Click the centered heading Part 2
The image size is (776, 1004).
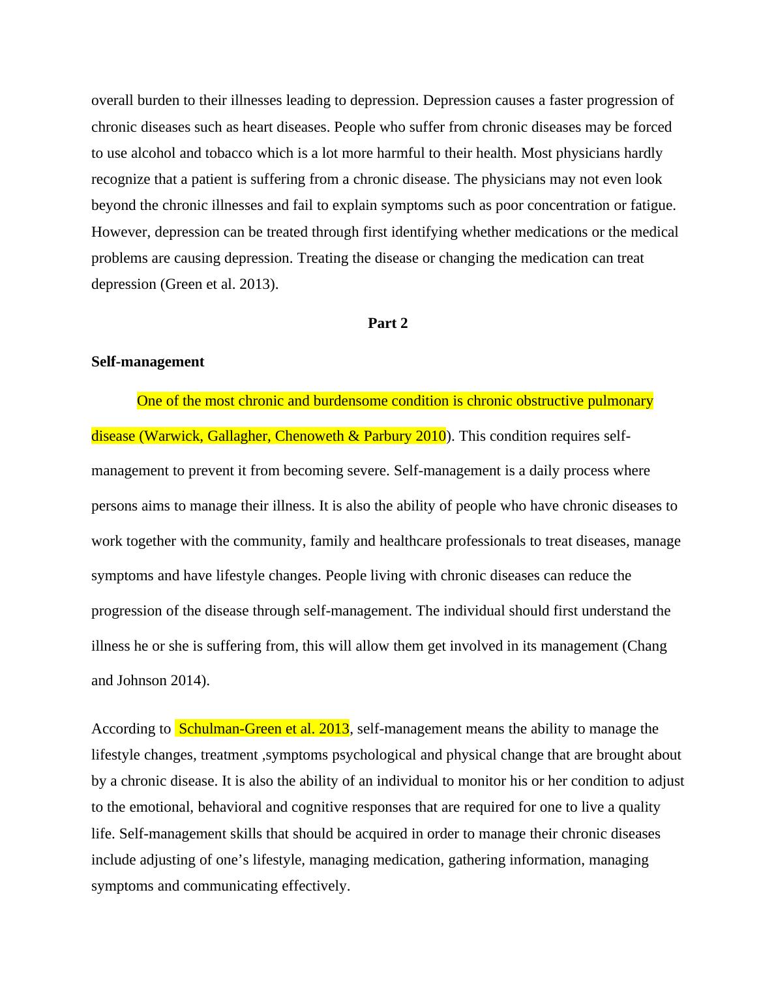387,323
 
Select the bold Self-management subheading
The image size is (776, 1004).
147,362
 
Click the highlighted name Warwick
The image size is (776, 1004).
169,436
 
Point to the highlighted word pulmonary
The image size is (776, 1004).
620,401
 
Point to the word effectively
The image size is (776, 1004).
316,886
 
